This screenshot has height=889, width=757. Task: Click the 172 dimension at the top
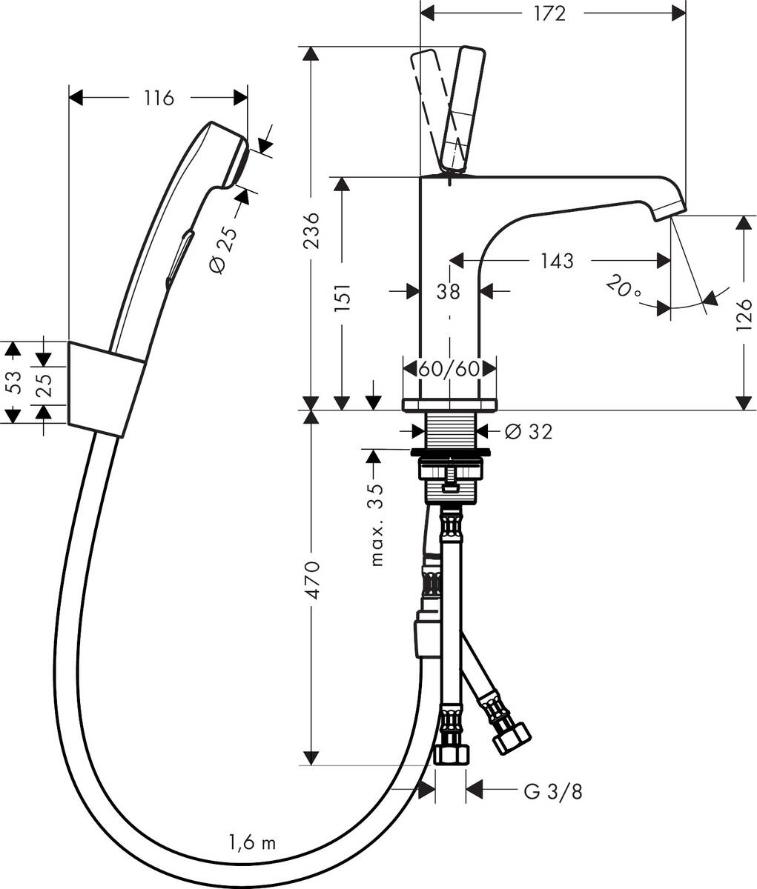[549, 13]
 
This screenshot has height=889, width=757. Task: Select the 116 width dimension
[159, 98]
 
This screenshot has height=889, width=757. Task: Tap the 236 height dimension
[312, 230]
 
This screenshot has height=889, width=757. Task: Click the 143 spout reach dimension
[556, 261]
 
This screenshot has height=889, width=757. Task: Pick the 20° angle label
[623, 286]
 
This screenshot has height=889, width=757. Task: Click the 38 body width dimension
[448, 291]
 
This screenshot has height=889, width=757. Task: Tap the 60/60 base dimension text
[449, 368]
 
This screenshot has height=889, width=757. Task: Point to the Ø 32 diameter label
[529, 431]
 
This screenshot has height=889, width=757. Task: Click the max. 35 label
[377, 524]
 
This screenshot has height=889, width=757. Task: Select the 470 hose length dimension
[312, 580]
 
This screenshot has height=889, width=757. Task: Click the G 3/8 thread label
[553, 791]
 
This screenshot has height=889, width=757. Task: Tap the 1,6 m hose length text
[252, 842]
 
